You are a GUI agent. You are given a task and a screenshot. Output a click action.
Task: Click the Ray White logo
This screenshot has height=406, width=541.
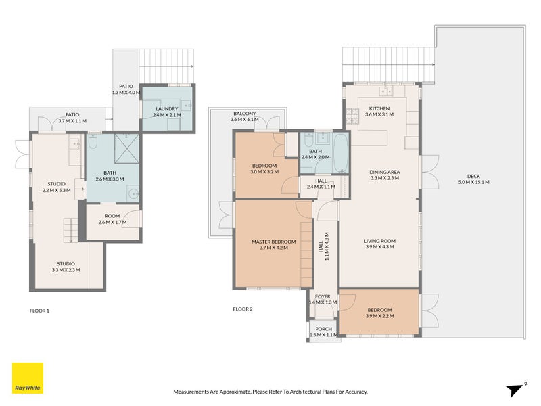[x=27, y=378]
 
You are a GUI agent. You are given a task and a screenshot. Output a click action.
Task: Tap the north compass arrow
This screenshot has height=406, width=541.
[x=516, y=388]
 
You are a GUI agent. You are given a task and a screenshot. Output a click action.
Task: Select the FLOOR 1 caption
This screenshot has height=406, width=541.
[x=40, y=311]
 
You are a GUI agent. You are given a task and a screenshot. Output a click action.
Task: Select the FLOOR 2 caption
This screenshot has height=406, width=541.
[x=243, y=309]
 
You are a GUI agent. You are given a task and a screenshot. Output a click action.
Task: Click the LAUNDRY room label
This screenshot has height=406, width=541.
[x=166, y=109]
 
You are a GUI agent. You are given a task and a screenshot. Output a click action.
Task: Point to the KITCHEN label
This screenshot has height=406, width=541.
[x=379, y=109]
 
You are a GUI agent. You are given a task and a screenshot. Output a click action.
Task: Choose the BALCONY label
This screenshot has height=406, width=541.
[x=244, y=114]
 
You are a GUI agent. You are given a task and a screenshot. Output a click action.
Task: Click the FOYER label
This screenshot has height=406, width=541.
[x=323, y=296]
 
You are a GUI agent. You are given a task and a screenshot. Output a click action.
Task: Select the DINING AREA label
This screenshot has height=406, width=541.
[x=385, y=172]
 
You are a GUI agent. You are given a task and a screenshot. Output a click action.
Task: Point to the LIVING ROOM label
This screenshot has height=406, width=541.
[x=379, y=241]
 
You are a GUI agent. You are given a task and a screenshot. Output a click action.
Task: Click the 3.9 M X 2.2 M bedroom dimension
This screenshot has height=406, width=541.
[x=379, y=316]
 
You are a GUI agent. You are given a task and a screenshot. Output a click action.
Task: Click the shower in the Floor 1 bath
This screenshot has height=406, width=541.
[x=124, y=147]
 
